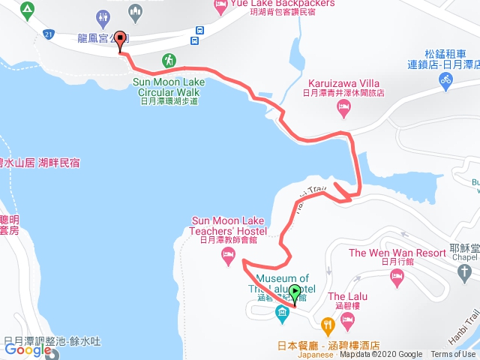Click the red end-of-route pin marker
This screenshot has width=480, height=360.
tap(121, 43)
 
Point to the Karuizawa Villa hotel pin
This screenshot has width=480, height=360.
tap(343, 109)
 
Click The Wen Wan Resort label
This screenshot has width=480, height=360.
tap(387, 253)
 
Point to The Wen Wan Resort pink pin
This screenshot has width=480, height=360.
tap(397, 277)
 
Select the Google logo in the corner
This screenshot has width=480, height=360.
tap(28, 349)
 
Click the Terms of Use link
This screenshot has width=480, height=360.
tap(452, 355)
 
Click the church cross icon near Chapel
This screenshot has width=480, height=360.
tap(464, 270)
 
